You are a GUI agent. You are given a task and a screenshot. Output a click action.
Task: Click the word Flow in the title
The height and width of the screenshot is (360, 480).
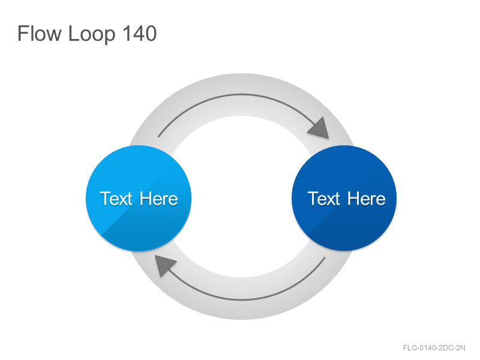[39, 33]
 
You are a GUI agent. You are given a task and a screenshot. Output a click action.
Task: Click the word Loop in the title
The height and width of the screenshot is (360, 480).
[92, 34]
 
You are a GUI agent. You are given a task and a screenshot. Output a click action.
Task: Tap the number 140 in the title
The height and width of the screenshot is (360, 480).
[139, 33]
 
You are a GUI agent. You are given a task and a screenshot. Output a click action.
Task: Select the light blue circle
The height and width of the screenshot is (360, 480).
[139, 198]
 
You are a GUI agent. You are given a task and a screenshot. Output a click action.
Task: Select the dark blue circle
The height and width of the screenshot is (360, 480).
[344, 198]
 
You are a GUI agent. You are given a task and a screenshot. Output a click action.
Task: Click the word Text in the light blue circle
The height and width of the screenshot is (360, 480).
[116, 199]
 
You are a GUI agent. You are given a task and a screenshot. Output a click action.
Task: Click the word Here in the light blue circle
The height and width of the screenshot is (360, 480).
[158, 199]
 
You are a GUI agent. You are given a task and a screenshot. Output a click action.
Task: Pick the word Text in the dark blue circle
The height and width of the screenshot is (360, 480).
[324, 199]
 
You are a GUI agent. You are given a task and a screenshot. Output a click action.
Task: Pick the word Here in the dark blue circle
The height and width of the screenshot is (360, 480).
[367, 199]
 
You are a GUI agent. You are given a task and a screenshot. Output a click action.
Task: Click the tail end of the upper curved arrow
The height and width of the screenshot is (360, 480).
[158, 137]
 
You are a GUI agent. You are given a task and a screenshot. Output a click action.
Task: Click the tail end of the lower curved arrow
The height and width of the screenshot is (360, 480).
[325, 257]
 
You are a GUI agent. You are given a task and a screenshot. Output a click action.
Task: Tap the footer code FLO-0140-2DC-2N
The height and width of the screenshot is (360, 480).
[434, 348]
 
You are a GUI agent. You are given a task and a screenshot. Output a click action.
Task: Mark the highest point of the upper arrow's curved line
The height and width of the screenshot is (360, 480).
[241, 94]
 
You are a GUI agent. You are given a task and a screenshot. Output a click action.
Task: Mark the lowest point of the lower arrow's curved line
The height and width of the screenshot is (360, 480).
[241, 300]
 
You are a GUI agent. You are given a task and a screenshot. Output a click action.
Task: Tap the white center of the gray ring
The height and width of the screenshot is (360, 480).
[241, 197]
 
